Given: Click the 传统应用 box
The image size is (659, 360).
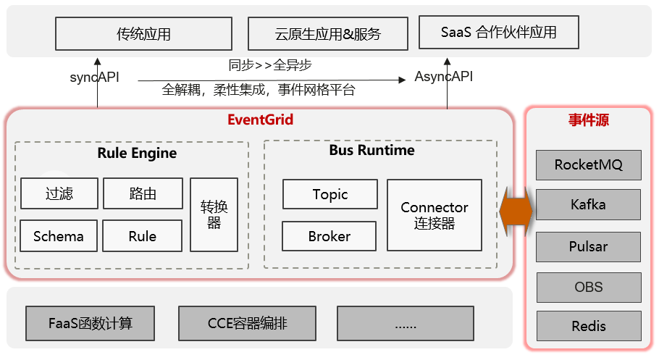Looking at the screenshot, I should click(x=143, y=34).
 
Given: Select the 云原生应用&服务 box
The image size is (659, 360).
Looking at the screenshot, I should click(x=328, y=34).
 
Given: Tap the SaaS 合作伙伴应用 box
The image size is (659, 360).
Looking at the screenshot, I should click(x=499, y=33).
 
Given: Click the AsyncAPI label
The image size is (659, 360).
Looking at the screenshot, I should click(x=443, y=77).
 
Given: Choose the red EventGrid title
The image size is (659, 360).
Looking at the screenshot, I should click(x=260, y=120).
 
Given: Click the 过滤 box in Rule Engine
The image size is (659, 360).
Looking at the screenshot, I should click(x=59, y=193).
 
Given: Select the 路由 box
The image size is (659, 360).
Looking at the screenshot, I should click(x=142, y=193).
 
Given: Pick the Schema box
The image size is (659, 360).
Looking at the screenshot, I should click(x=59, y=236).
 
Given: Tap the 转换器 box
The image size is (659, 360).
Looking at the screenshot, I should click(x=214, y=214).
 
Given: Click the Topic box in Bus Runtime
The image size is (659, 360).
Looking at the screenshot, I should click(x=329, y=194).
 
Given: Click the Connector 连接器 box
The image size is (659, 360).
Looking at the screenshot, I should click(x=434, y=215).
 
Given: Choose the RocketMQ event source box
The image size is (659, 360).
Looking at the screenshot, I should click(x=588, y=164).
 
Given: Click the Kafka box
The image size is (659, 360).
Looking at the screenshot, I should click(x=588, y=205).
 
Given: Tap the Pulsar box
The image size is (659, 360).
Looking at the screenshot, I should click(x=588, y=246).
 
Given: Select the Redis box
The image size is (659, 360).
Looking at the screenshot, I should click(x=588, y=326).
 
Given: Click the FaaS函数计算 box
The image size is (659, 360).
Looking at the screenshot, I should click(x=91, y=323).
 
